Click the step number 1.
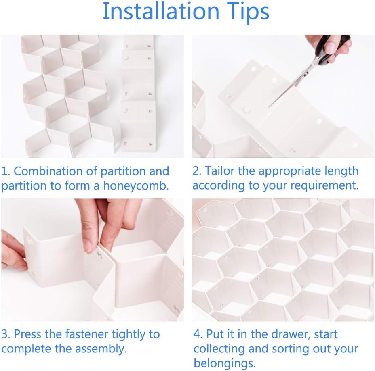5,171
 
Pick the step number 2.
196,171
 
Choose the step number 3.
5,334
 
